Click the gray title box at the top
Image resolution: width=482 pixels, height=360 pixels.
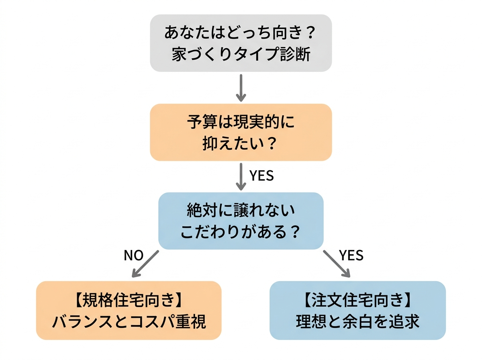coord(241,43)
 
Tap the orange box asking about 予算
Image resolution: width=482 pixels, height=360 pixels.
coord(241,132)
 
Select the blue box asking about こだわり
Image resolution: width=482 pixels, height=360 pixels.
coord(241,221)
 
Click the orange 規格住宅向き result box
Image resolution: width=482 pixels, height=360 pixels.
coord(129,310)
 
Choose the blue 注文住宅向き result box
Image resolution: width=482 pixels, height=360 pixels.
coord(357,310)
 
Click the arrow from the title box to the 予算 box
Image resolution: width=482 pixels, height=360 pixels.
coord(241,87)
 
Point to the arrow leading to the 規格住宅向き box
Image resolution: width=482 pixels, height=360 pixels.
coord(145,264)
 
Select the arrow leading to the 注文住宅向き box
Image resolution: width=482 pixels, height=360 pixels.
coord(337,264)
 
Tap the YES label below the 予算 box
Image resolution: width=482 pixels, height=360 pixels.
coord(261,176)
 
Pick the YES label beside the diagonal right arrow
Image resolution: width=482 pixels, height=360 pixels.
coord(351,256)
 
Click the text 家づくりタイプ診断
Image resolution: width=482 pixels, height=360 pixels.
coord(241,55)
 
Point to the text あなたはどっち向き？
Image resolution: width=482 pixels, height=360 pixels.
coord(241,33)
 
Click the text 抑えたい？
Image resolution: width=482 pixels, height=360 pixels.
coord(241,143)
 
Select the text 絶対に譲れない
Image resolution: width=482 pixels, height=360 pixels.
coord(241,210)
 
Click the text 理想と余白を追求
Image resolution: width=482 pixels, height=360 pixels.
coord(357,321)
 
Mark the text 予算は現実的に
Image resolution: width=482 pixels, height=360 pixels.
coord(241,122)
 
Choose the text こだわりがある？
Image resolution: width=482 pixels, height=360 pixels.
coord(241,232)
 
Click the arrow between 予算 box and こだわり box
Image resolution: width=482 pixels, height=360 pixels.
coord(241,176)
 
